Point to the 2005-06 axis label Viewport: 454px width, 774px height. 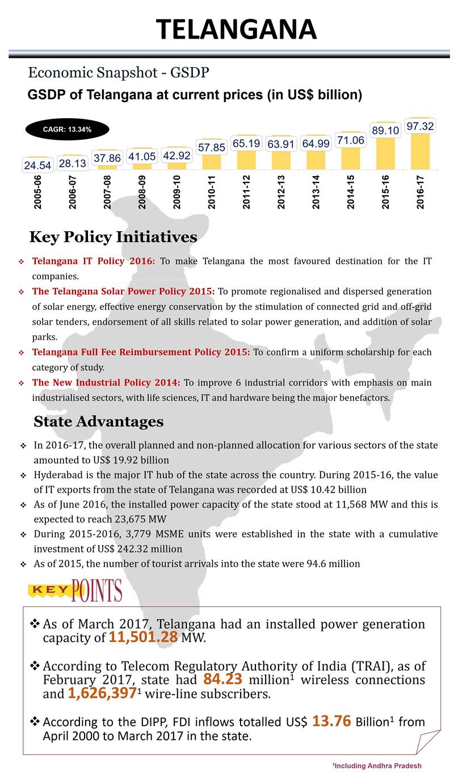point(37,193)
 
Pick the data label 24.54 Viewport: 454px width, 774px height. point(37,165)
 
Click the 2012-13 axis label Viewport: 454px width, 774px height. point(281,193)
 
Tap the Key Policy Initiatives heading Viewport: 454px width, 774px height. point(113,237)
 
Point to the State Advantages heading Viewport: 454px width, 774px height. point(98,422)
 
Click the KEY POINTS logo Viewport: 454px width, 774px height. point(75,591)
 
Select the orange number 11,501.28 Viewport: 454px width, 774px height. point(144,637)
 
